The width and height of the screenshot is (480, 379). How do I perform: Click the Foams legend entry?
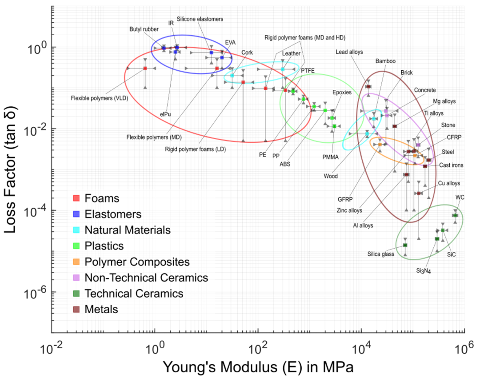point(102,199)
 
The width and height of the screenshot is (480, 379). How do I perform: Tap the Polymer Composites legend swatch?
point(76,262)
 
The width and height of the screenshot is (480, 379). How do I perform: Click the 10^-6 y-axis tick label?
point(37,292)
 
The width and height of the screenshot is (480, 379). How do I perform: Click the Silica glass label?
point(379,254)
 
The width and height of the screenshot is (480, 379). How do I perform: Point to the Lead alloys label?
point(349,52)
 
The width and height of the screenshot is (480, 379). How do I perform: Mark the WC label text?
point(460,197)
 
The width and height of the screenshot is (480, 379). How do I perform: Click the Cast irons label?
point(451,165)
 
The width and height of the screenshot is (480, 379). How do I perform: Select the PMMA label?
point(331,157)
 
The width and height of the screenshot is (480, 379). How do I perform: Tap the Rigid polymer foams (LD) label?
point(196,149)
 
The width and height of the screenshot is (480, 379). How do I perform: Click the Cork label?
point(247,52)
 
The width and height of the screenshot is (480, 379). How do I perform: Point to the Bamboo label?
point(385,60)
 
